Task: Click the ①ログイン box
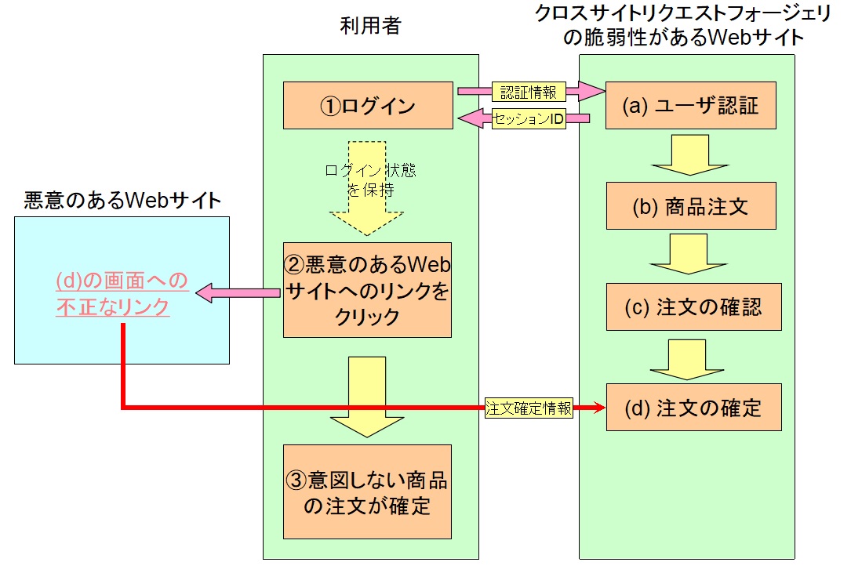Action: click(x=368, y=105)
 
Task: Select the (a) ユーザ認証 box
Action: click(x=691, y=105)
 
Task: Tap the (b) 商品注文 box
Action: click(x=691, y=206)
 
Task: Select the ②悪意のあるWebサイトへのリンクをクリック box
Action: click(x=367, y=290)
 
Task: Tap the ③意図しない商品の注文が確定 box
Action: click(x=367, y=491)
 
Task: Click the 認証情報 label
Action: click(x=529, y=92)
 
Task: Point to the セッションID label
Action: click(x=529, y=119)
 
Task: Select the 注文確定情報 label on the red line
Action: click(x=529, y=408)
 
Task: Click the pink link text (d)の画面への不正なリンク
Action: click(x=122, y=293)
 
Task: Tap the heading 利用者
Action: click(x=370, y=26)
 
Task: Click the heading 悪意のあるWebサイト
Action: click(x=122, y=201)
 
